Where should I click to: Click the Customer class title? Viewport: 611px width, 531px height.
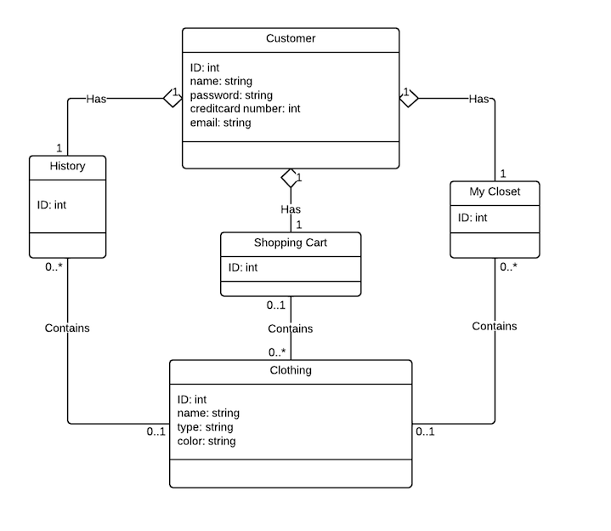[290, 38]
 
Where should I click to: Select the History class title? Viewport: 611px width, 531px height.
[68, 166]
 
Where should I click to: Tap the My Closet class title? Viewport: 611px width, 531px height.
[495, 191]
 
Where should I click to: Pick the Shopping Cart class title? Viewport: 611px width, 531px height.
[290, 243]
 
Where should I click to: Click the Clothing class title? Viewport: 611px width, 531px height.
[290, 370]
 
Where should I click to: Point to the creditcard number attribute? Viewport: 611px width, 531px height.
[245, 108]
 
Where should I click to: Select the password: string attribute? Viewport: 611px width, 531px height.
[231, 94]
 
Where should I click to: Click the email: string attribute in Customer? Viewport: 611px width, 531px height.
[220, 122]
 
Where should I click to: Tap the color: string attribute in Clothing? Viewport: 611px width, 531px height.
[206, 441]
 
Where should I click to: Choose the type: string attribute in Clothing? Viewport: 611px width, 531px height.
[205, 427]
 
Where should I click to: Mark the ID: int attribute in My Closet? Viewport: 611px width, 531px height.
[472, 218]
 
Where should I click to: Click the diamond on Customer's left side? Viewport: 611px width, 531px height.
[173, 98]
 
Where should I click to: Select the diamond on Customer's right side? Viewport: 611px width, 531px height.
[409, 98]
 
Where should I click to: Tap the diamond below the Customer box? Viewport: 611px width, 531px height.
[291, 178]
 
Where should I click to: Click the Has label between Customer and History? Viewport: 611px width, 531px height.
[95, 99]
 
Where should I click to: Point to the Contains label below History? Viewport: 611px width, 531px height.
[67, 328]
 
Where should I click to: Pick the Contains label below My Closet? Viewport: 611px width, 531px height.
[494, 326]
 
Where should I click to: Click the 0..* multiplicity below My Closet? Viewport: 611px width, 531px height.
[509, 266]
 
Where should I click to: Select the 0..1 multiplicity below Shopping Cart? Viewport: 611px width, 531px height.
[275, 305]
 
